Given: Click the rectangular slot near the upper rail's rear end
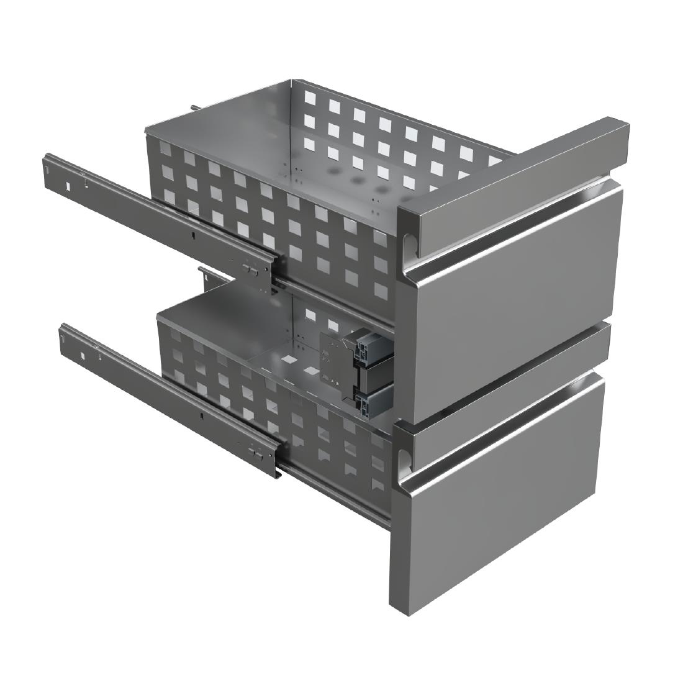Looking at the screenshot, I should [65, 184].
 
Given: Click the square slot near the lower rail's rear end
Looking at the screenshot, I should [82, 355].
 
